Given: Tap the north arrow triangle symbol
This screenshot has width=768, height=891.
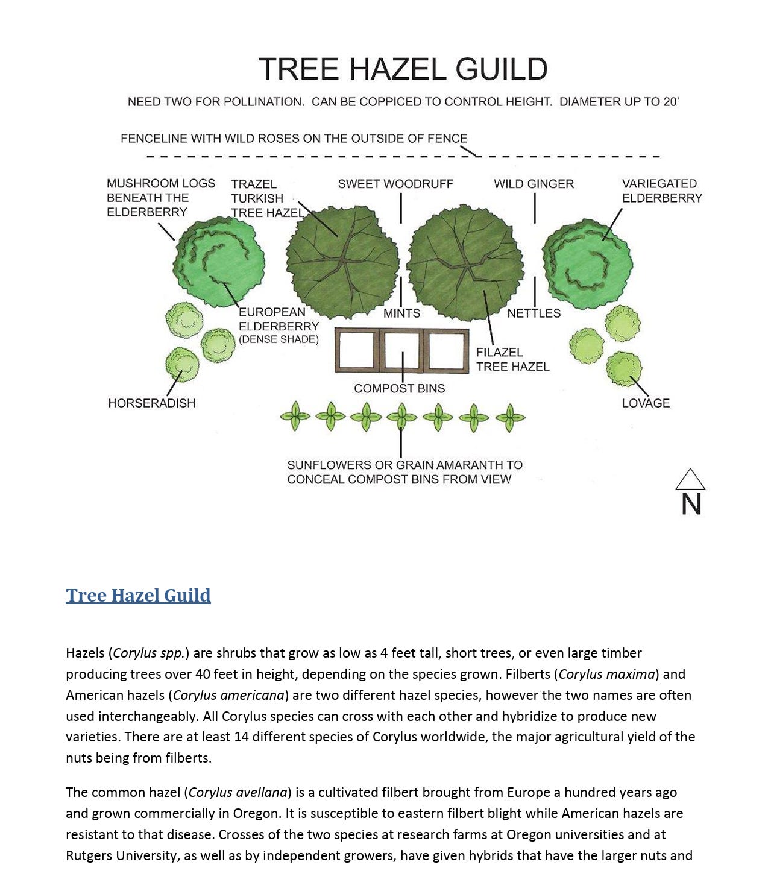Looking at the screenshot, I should pos(690,479).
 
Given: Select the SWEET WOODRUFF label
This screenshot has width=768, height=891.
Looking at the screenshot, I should pos(395,184).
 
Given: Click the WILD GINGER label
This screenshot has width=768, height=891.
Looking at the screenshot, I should pos(534,184).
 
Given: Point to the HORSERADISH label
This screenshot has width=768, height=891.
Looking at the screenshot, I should pos(152,403).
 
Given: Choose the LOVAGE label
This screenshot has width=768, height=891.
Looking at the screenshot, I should pos(646,403).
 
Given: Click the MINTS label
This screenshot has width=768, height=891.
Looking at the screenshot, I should pos(401,313).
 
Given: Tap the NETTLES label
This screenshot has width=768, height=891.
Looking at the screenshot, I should pos(534,313).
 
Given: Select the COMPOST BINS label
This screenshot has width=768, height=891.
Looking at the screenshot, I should pos(399,388).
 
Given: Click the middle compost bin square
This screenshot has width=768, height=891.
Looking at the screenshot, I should pos(402,350).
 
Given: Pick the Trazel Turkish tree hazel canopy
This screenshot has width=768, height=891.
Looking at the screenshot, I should pos(342,261).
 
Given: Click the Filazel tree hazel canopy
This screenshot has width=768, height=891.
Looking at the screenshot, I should pos(465,261).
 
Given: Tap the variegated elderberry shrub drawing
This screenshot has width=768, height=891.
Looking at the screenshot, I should pos(587,265).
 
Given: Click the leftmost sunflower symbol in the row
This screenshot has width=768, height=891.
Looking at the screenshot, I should pos(295,416).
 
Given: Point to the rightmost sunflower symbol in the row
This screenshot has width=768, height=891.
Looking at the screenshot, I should pos(510,417).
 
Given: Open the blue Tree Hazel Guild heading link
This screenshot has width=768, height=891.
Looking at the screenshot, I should pos(138,595).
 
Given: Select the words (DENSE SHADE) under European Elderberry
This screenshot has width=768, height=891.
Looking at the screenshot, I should pos(279,339).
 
